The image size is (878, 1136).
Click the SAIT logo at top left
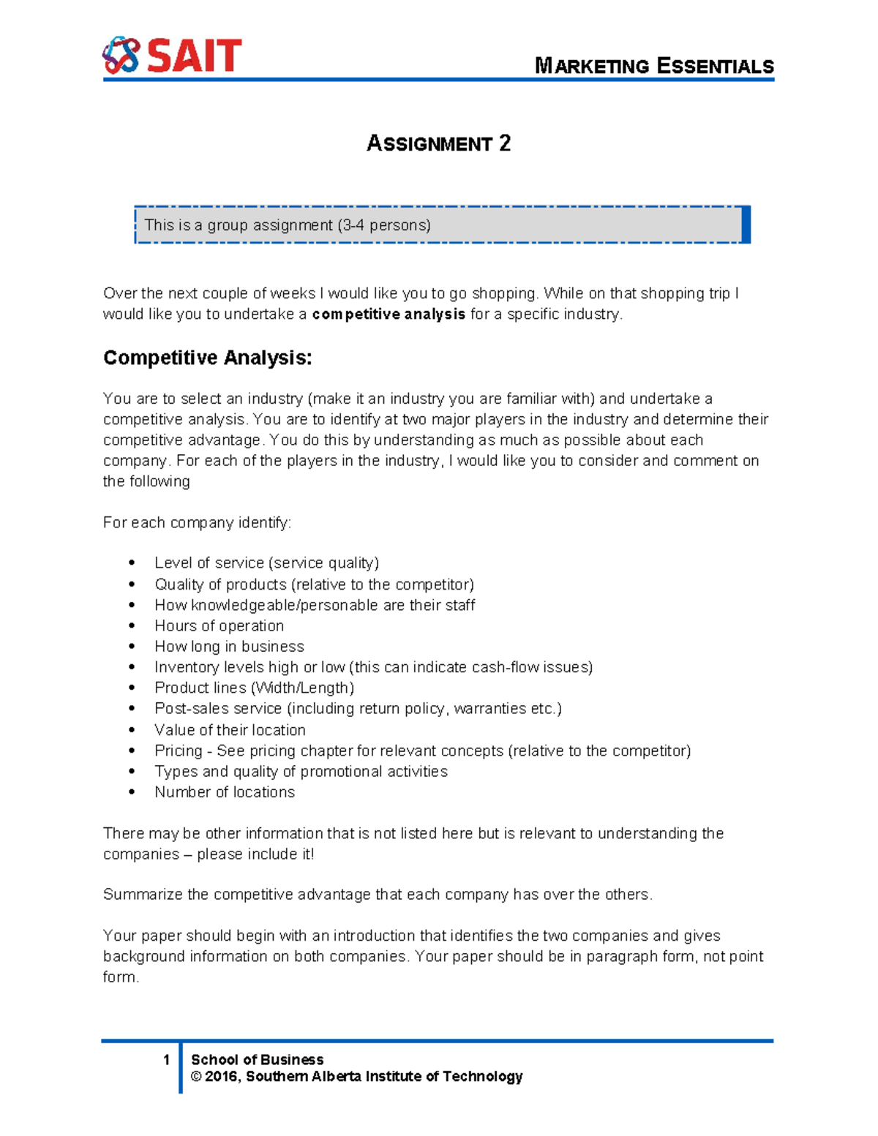coord(172,56)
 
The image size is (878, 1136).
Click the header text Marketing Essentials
coord(654,67)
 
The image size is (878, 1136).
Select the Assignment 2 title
coord(438,143)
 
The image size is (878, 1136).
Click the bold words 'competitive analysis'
coord(389,315)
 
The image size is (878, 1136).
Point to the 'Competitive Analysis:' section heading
coord(208,358)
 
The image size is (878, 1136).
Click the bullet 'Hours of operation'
coord(219,626)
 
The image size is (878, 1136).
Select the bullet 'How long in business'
coord(229,647)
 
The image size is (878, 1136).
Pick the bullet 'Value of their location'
coord(230,730)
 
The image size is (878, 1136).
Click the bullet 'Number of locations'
coord(225,792)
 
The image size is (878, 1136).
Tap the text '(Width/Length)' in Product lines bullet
coord(303,688)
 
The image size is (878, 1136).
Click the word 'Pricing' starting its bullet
coord(178,751)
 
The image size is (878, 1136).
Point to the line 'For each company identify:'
coord(197,523)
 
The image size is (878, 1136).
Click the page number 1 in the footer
coord(167,1060)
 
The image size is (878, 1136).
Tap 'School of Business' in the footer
coord(257,1060)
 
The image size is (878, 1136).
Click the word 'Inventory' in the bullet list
coord(186,667)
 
